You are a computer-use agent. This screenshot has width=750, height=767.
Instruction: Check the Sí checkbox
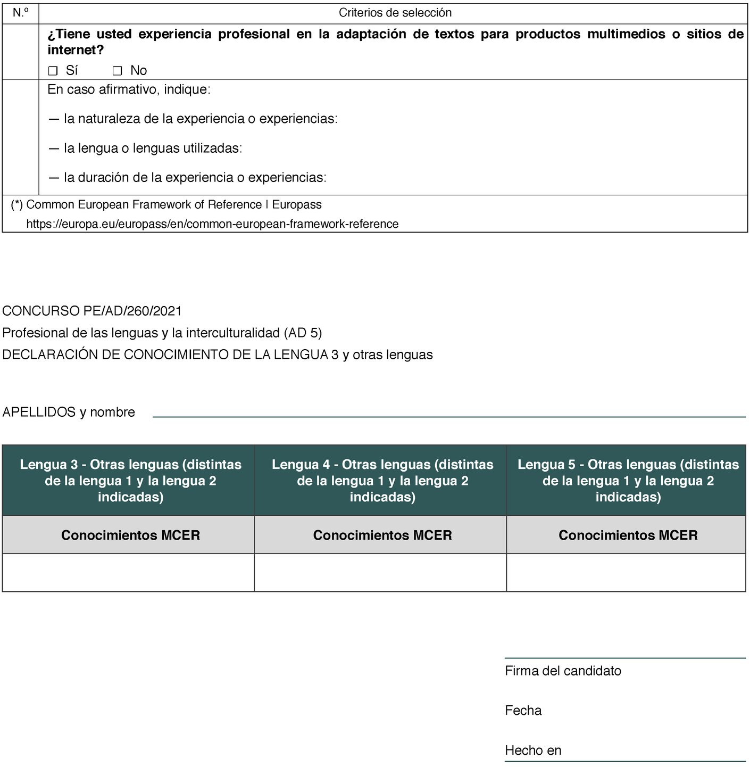pos(53,71)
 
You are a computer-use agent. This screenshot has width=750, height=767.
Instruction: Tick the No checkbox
pos(118,71)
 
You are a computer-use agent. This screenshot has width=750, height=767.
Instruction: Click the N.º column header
pos(21,13)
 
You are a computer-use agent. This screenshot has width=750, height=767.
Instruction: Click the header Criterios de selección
pos(395,13)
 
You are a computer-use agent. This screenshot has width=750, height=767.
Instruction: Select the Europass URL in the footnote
pos(212,224)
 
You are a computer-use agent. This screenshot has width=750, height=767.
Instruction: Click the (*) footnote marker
pos(16,205)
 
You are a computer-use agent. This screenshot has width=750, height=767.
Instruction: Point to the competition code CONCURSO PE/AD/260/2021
pos(92,311)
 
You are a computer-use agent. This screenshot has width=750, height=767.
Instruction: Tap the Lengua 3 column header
pos(130,480)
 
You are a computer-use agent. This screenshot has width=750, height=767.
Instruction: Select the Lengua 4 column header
pos(382,480)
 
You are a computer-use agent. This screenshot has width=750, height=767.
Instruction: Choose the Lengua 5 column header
pos(628,480)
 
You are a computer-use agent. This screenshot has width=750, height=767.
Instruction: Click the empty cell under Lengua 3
pos(128,572)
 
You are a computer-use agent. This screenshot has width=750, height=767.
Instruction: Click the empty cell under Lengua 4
pos(380,572)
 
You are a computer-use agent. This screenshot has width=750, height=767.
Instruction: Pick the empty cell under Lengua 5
pos(626,572)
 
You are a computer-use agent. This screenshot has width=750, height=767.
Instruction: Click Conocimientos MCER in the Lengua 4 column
pos(382,535)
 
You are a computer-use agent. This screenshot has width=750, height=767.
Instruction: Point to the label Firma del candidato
pos(563,671)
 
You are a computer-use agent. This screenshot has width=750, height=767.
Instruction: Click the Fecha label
pos(523,711)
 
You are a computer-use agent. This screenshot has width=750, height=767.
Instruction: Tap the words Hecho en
pos(533,750)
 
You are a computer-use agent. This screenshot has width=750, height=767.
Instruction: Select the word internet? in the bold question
pos(76,51)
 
